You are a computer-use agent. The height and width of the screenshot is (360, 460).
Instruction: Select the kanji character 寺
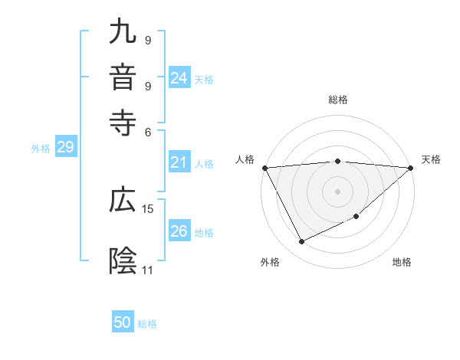123,120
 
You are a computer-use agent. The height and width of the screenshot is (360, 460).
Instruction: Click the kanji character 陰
123,260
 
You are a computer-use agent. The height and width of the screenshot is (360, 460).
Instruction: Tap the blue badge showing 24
179,78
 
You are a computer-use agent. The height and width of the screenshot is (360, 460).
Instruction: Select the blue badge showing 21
179,162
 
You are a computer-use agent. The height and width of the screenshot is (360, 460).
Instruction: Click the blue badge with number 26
179,231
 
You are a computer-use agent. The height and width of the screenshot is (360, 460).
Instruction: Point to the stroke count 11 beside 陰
148,270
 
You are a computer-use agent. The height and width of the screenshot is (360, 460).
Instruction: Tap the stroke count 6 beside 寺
148,131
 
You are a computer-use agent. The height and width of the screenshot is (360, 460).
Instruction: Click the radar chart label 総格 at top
338,100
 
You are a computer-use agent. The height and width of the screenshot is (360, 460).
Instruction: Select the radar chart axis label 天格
431,159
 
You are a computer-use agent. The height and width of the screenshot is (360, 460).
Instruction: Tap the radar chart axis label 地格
402,263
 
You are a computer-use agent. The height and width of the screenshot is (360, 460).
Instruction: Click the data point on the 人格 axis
264,168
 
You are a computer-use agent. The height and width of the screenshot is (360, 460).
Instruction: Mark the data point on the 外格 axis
301,242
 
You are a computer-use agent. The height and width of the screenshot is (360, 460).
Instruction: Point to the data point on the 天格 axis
411,168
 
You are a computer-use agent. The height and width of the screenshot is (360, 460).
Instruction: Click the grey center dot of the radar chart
338,191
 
